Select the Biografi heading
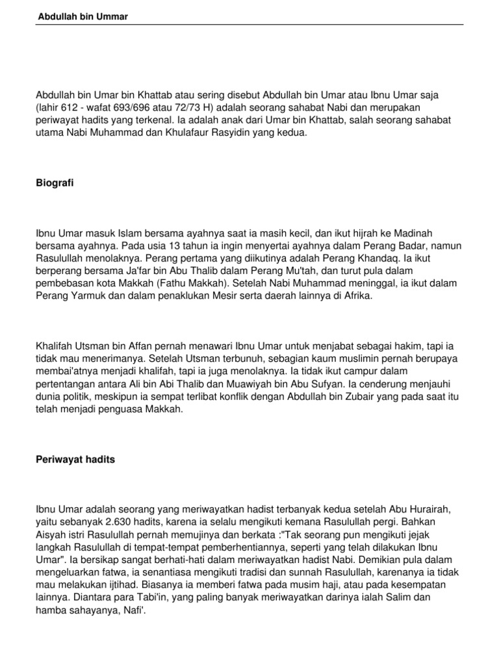pyautogui.click(x=55, y=184)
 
